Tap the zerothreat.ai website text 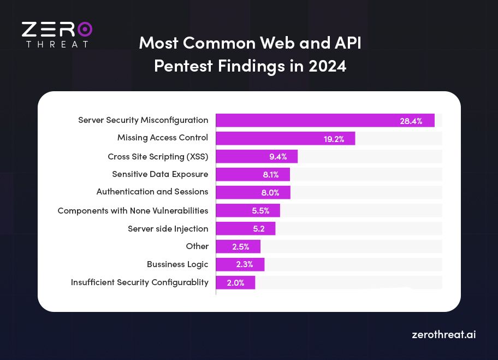click(x=443, y=334)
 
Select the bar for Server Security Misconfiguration click(x=325, y=121)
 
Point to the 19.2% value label click(x=334, y=139)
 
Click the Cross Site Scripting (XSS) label click(x=158, y=157)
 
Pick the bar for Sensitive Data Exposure click(x=253, y=175)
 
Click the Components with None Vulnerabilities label click(x=133, y=210)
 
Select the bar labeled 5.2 click(x=245, y=228)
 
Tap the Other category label click(x=197, y=246)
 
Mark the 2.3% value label click(x=244, y=264)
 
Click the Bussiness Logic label click(x=177, y=264)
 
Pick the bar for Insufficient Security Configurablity click(x=235, y=282)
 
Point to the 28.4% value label click(x=411, y=121)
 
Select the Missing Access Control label click(x=163, y=138)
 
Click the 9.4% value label click(x=278, y=157)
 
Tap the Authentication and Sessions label click(x=152, y=192)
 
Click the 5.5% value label click(x=260, y=210)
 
